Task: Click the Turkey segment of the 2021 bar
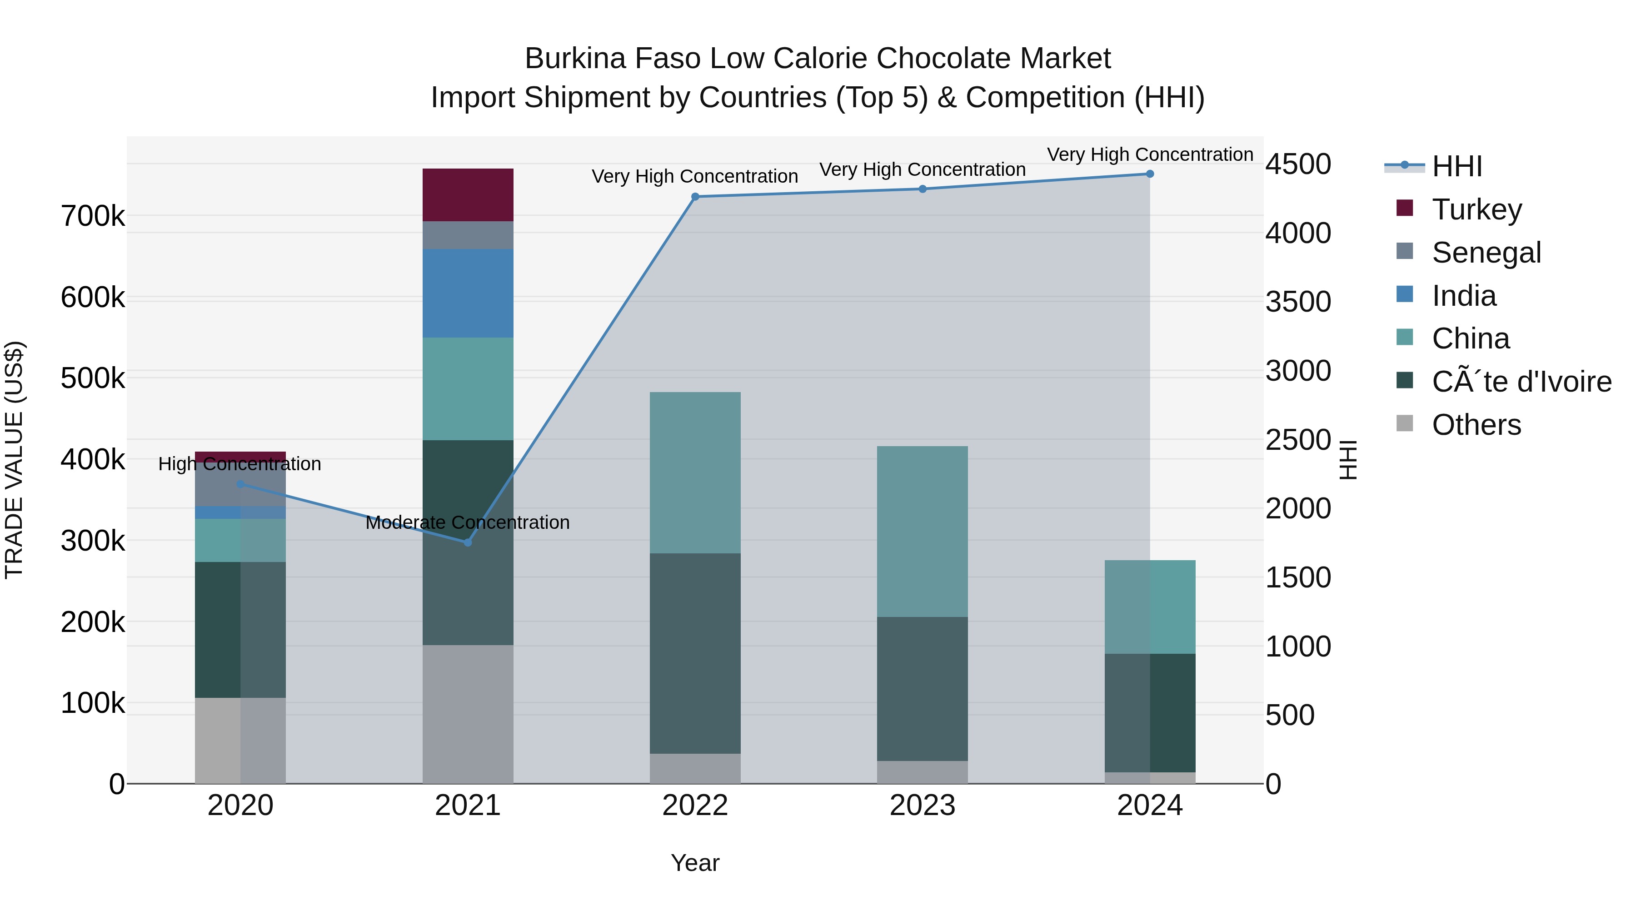468,195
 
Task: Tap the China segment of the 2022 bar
695,472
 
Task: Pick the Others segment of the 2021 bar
468,714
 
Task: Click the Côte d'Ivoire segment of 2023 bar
922,688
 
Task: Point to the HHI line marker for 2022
695,197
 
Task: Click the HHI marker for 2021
468,542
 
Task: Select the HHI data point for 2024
1150,174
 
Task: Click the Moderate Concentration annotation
468,522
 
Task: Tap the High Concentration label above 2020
239,464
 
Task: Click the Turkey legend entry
1476,209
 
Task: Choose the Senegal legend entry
1486,253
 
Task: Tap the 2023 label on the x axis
922,806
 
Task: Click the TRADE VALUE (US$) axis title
15,460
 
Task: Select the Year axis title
695,863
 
